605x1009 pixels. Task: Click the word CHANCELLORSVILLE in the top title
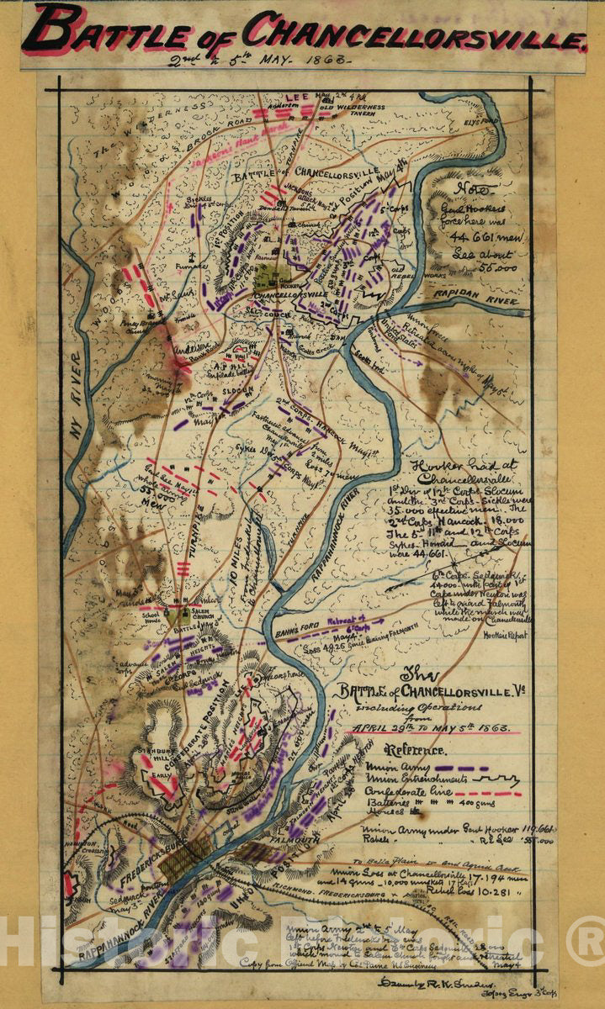pos(414,33)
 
